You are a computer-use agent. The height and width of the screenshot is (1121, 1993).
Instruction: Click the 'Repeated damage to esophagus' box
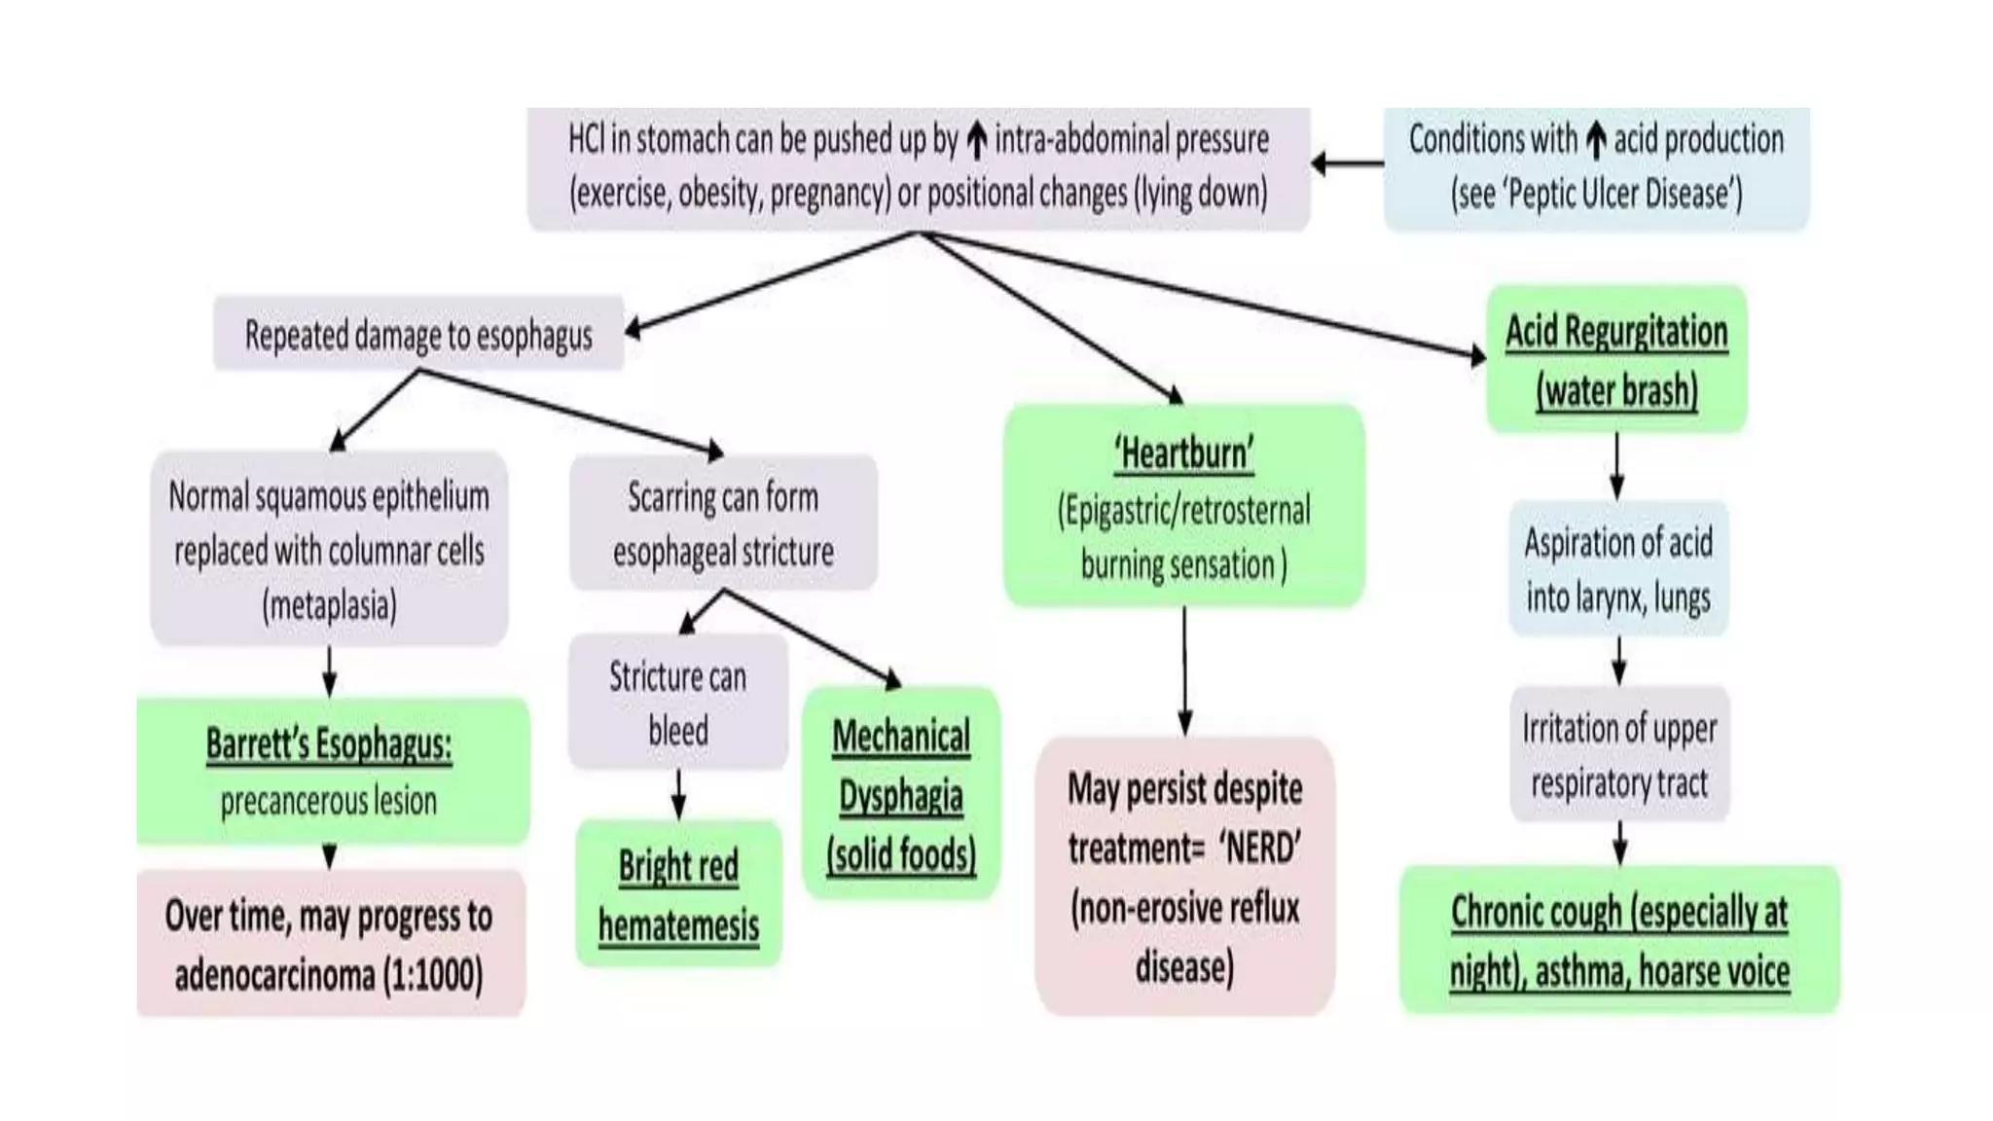[x=418, y=335]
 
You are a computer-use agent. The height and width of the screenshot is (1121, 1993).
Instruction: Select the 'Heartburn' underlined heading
[x=1183, y=454]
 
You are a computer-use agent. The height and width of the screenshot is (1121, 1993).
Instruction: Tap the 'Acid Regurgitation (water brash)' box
[x=1616, y=359]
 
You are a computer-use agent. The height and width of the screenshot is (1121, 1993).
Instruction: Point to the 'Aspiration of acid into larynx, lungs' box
[x=1617, y=569]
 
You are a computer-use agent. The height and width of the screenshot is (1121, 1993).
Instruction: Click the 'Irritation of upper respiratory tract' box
[x=1618, y=755]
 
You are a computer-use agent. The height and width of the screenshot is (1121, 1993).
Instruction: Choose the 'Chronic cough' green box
[x=1618, y=940]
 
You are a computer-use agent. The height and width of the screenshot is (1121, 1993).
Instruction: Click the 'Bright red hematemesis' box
[x=678, y=894]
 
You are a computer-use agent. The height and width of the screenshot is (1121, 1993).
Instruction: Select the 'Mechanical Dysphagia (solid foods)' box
[x=901, y=794]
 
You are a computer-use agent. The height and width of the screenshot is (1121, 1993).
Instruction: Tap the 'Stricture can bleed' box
[x=677, y=703]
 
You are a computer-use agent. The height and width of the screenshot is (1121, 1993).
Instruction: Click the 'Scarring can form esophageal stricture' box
[x=723, y=524]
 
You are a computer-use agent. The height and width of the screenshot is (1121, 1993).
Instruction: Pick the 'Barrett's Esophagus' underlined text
[x=329, y=744]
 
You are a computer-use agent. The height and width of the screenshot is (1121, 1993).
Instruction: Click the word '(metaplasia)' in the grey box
[x=329, y=605]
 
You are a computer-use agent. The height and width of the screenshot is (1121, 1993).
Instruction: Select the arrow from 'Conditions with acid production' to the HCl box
[x=1347, y=163]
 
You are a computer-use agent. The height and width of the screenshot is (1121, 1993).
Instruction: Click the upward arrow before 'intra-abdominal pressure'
[x=976, y=142]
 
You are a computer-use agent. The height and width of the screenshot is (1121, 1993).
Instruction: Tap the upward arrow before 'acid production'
[x=1595, y=142]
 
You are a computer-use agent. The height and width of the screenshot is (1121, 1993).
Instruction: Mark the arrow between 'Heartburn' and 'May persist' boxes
[x=1184, y=671]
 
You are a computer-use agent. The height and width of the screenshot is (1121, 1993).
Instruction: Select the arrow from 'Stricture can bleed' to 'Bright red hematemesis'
[x=678, y=794]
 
